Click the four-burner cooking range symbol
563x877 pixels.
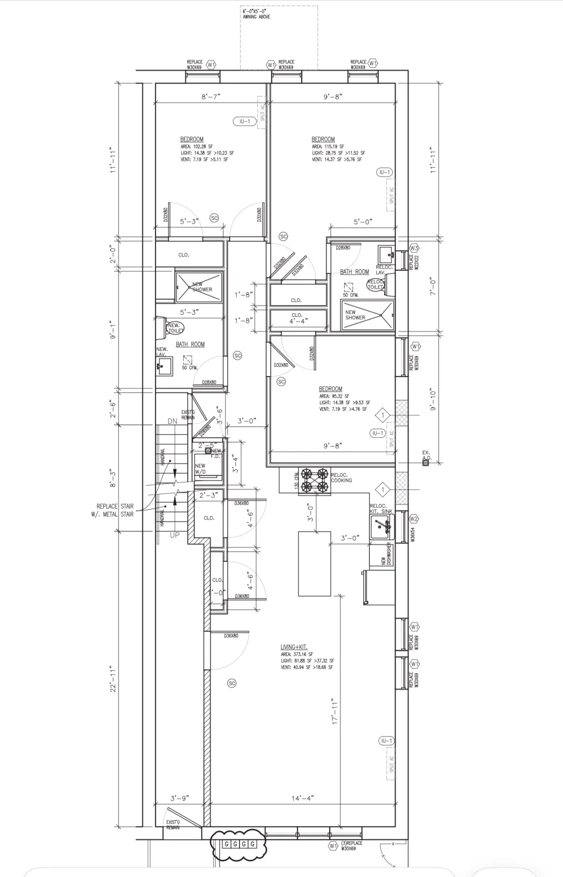314,480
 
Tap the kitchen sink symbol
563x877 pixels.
382,528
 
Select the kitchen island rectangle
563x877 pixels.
314,563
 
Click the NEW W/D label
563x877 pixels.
200,469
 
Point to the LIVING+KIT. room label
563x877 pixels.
294,647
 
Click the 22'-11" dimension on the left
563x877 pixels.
113,678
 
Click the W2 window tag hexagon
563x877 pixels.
414,519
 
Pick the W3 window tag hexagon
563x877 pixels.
414,248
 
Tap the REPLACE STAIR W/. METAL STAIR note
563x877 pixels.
115,510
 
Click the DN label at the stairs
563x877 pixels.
172,421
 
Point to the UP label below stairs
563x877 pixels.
174,536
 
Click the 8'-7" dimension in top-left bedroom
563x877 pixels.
211,97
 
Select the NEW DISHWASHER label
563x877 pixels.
387,554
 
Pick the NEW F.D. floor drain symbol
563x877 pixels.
208,451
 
